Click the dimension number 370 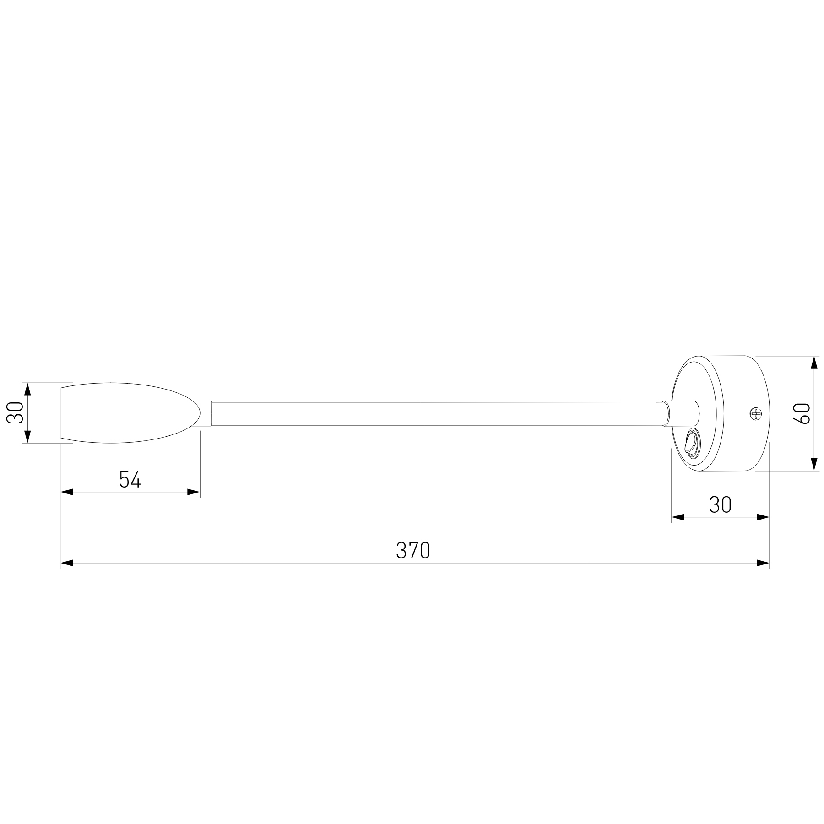pos(413,551)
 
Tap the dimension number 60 pos(804,413)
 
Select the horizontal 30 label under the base pos(720,505)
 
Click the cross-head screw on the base pos(755,414)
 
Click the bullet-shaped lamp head pos(128,413)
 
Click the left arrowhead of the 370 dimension pos(67,563)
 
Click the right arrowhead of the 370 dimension pos(763,563)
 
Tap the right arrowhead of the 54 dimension pos(194,492)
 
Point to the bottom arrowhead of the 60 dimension pos(813,465)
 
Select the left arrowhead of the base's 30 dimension pos(678,517)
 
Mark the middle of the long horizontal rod pos(437,414)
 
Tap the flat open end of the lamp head pos(61,413)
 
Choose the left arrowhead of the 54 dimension pos(67,492)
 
